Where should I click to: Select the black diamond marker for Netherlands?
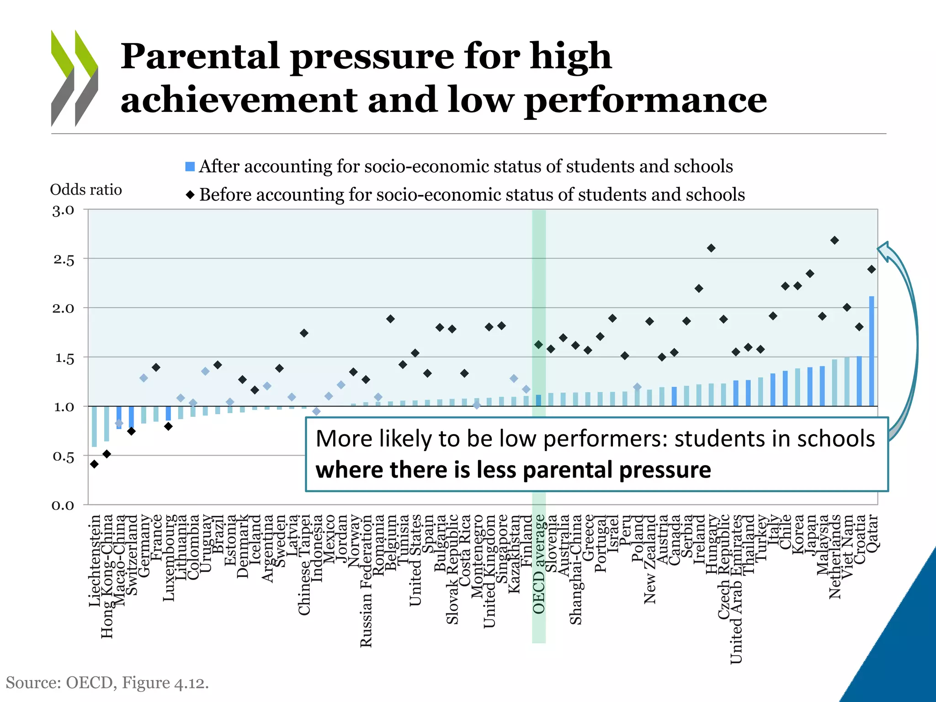tap(834, 240)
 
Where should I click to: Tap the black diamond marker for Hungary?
tap(711, 248)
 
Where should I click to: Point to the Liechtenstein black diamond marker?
tap(94, 464)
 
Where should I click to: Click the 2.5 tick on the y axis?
tap(64, 260)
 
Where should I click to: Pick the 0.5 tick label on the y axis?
tap(64, 457)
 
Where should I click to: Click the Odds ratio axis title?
tap(86, 189)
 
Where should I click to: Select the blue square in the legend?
tap(190, 166)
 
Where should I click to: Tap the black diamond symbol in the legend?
tap(190, 195)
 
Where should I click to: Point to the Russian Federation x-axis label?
tap(366, 580)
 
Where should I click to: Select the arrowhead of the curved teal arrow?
tap(884, 250)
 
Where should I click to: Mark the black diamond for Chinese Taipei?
tap(304, 333)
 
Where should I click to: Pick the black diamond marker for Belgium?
tap(390, 319)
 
